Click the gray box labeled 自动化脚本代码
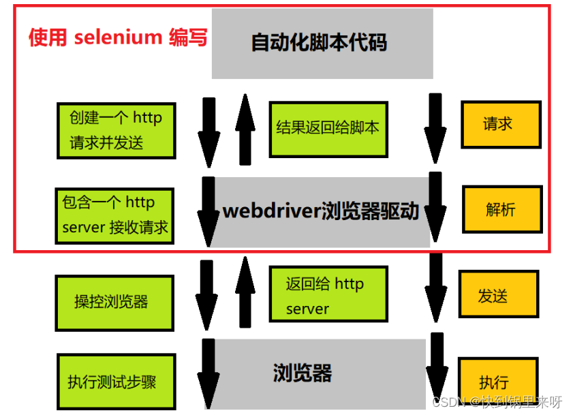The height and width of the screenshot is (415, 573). [322, 44]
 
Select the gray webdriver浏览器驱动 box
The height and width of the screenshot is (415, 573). [322, 211]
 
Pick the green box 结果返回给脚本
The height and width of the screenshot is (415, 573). [328, 129]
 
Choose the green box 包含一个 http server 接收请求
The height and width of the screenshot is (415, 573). [114, 215]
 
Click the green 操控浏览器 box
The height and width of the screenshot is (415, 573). [113, 301]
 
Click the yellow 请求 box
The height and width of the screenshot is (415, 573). [499, 125]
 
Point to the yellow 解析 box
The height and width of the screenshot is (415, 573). [501, 210]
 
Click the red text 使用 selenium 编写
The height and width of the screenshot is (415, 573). [118, 37]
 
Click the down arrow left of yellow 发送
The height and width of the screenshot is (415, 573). [435, 290]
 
